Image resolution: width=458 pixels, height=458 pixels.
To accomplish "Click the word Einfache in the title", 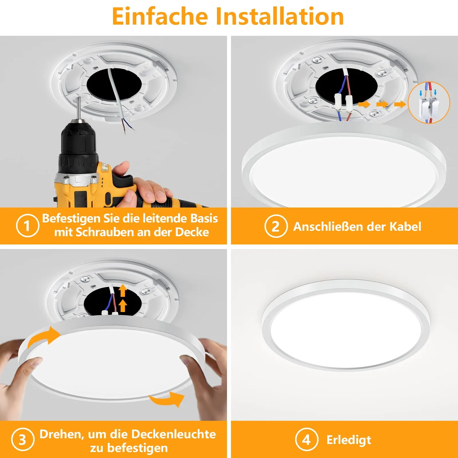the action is (160, 16).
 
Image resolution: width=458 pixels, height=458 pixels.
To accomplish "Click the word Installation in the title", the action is (280, 16).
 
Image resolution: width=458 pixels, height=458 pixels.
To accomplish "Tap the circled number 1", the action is (27, 226).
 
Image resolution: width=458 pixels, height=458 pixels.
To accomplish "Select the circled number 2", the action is (276, 226).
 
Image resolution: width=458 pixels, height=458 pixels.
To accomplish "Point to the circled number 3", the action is (23, 439).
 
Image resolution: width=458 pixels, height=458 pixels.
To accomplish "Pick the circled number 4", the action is (307, 439).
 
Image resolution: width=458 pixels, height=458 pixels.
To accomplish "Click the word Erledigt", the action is (349, 440).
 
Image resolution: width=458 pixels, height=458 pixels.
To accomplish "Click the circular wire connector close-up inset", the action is (429, 102).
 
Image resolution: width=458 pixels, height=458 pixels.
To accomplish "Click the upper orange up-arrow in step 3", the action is (123, 291).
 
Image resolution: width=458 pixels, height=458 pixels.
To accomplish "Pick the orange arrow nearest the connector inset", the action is (400, 104).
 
